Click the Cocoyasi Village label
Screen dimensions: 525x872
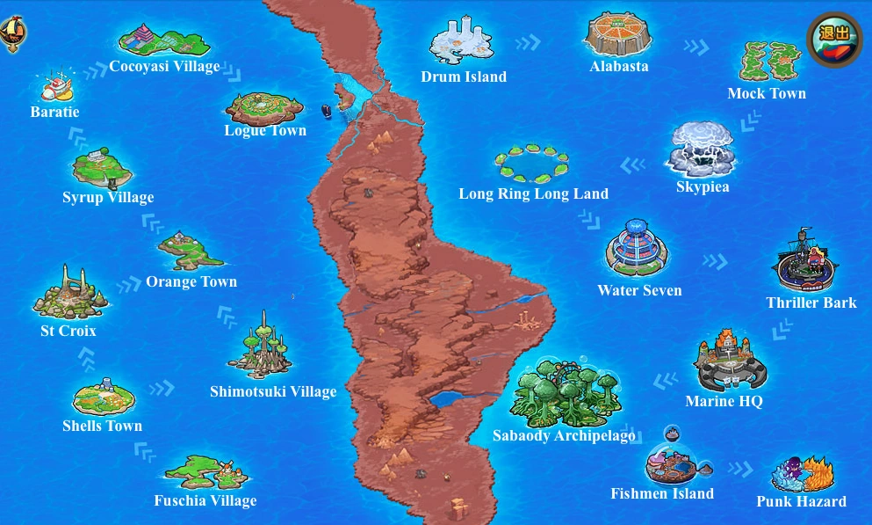(x=164, y=67)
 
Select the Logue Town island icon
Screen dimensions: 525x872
(x=264, y=107)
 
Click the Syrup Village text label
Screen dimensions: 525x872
(x=108, y=197)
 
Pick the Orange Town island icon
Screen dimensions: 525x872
(x=190, y=252)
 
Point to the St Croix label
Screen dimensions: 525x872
(x=68, y=332)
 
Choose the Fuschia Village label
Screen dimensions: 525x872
(x=205, y=500)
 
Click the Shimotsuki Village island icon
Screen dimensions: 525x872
(x=261, y=346)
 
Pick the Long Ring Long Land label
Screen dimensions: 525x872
(x=533, y=193)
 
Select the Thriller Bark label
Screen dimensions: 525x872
(x=811, y=303)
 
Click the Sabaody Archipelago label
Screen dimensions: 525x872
(x=564, y=435)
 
